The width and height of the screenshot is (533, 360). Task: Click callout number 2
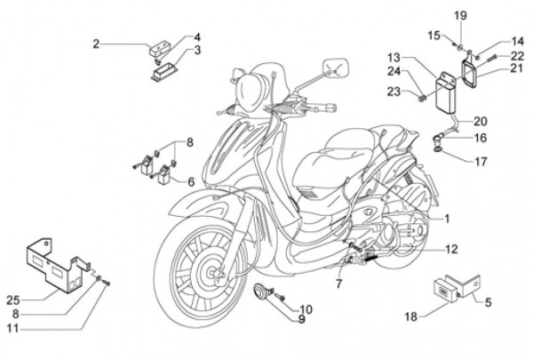point(96,42)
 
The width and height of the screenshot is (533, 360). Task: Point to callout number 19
point(459,16)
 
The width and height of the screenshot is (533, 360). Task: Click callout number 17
point(481,163)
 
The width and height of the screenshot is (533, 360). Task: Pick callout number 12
point(451,251)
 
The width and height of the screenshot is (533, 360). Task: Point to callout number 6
point(189,181)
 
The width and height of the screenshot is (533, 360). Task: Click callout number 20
point(481,121)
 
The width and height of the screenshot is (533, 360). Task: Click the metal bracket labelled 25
point(53,264)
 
